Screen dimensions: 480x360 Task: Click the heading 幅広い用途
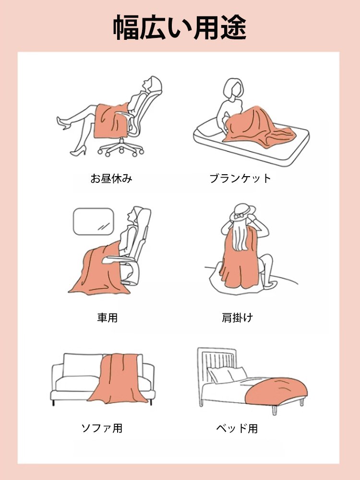(x=180, y=28)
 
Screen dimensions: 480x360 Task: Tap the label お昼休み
(x=111, y=179)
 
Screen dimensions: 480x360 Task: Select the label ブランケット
(x=240, y=179)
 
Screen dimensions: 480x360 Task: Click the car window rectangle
(x=93, y=222)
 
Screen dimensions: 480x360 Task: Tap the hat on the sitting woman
(x=243, y=212)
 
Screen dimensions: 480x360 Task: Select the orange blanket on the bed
(x=276, y=388)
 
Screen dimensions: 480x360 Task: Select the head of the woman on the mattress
(x=232, y=89)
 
